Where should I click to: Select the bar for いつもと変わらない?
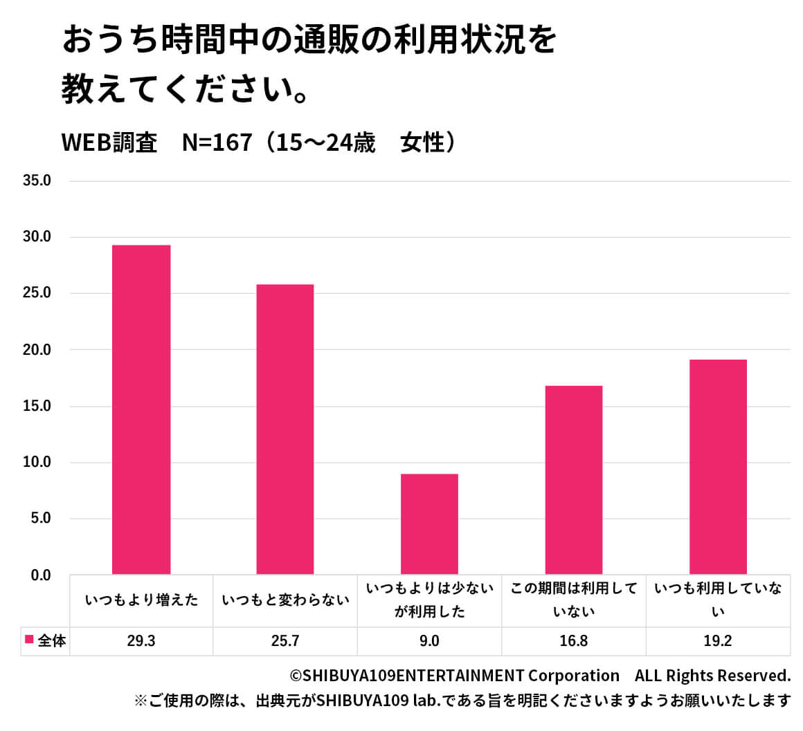point(285,429)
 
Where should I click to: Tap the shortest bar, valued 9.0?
point(429,524)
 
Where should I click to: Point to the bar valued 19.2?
point(718,467)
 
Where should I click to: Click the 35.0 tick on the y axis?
point(37,181)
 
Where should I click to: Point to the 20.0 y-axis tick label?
point(37,350)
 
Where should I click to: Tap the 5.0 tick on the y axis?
point(41,519)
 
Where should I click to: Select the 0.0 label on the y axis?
point(41,575)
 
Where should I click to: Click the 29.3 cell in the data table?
point(141,641)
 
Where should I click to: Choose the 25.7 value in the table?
point(285,641)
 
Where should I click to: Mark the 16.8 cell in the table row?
point(574,641)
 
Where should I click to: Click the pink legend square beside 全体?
point(29,640)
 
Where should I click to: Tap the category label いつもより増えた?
point(141,600)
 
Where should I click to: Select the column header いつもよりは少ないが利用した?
point(429,600)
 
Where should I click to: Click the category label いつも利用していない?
point(718,600)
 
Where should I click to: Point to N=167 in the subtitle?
point(217,143)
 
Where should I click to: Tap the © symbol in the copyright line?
point(296,676)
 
